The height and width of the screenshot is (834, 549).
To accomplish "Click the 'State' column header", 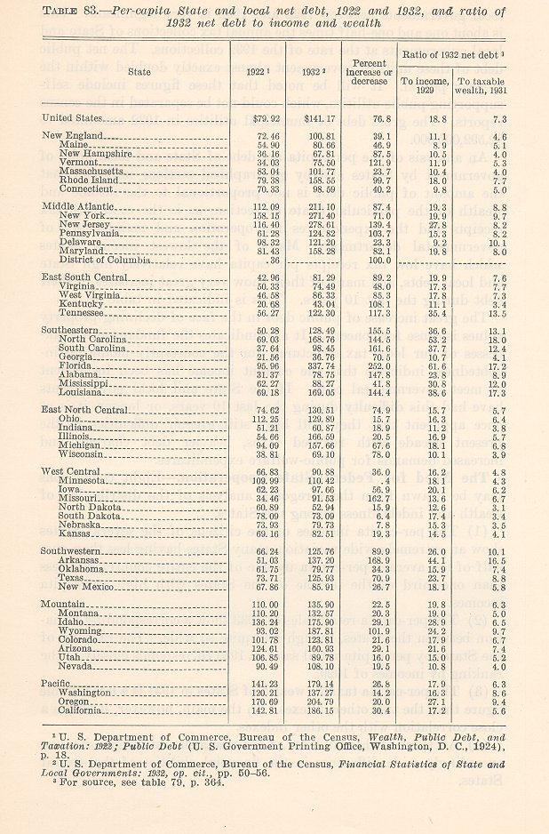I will (x=138, y=69).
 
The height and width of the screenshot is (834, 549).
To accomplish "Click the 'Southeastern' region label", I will (x=76, y=331).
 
